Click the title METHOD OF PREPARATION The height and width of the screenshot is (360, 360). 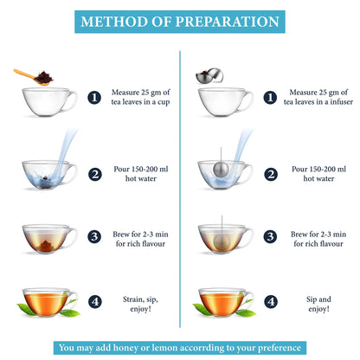pos(179,21)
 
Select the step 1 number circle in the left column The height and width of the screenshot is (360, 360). pos(94,98)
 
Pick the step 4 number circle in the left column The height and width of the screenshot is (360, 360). pos(94,302)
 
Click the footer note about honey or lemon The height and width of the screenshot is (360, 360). pos(179,348)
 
